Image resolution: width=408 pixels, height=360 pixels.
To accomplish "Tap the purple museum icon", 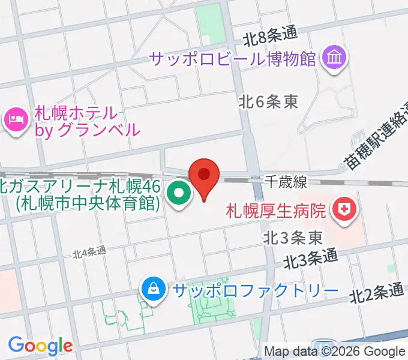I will pyautogui.click(x=332, y=58).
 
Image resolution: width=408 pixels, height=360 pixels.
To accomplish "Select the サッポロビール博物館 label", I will pyautogui.click(x=233, y=59).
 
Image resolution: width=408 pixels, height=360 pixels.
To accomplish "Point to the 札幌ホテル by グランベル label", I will pyautogui.click(x=87, y=120).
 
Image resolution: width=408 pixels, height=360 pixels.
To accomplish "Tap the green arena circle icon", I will pyautogui.click(x=178, y=193).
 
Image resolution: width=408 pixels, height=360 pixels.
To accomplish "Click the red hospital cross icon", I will pyautogui.click(x=344, y=210).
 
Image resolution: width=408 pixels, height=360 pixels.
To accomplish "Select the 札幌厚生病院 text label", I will pyautogui.click(x=276, y=211).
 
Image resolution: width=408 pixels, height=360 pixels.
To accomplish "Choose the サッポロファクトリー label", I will pyautogui.click(x=252, y=291).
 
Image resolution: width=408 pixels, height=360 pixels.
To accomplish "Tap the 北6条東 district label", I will pyautogui.click(x=268, y=102).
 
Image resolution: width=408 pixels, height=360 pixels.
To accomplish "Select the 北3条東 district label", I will pyautogui.click(x=293, y=238).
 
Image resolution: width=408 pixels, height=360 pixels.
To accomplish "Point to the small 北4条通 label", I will pyautogui.click(x=89, y=252).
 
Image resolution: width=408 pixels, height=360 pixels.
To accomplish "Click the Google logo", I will pyautogui.click(x=40, y=346).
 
